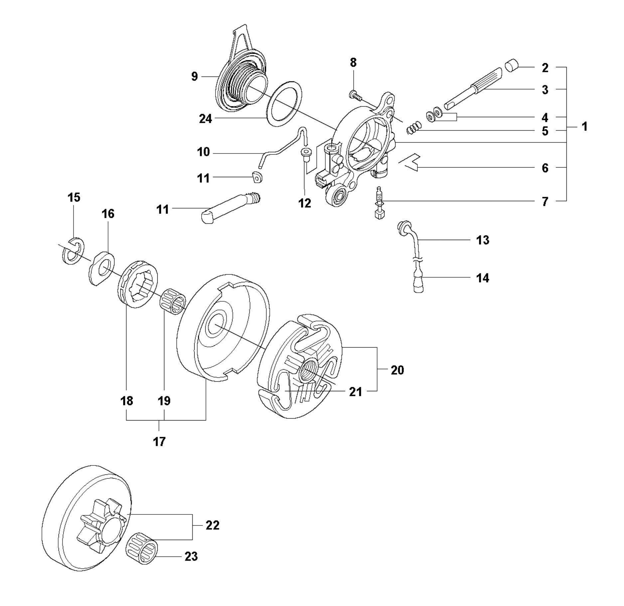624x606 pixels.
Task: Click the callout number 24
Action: pyautogui.click(x=205, y=119)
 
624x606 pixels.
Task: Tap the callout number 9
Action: pyautogui.click(x=195, y=77)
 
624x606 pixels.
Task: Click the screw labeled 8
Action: pyautogui.click(x=355, y=96)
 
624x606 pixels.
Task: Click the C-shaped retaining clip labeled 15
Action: pyautogui.click(x=74, y=251)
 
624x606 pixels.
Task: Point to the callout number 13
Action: pyautogui.click(x=483, y=240)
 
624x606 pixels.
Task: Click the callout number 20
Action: pyautogui.click(x=397, y=370)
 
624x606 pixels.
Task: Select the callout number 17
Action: pyautogui.click(x=159, y=442)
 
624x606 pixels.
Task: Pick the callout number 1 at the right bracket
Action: pyautogui.click(x=584, y=127)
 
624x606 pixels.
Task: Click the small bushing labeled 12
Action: pyautogui.click(x=304, y=153)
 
